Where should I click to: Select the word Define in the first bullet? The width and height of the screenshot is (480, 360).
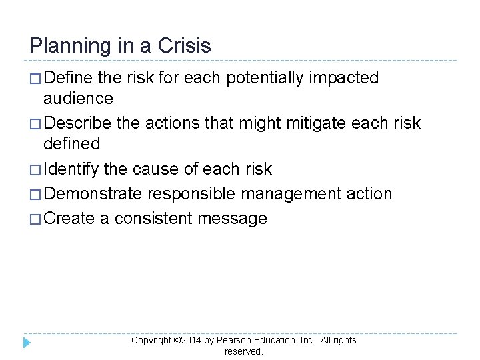click(69, 78)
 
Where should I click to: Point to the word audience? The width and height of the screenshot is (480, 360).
click(78, 99)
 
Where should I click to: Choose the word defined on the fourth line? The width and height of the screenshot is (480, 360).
click(71, 143)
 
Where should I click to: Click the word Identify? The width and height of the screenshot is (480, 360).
click(73, 169)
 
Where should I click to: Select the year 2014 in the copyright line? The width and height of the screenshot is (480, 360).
click(191, 341)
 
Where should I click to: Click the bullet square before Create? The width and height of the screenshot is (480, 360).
click(35, 219)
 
